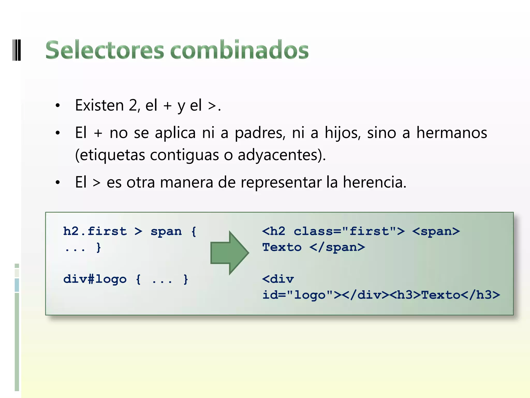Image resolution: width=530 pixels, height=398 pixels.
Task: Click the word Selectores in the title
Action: click(x=105, y=50)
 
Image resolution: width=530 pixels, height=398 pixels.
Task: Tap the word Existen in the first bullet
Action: click(x=99, y=105)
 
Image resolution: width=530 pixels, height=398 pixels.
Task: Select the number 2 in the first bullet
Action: click(x=133, y=105)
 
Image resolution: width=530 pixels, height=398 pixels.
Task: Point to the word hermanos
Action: click(x=452, y=133)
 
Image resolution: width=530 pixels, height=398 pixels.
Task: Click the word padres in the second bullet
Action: click(x=260, y=133)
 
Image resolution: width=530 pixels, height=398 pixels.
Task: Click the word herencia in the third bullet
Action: click(x=374, y=182)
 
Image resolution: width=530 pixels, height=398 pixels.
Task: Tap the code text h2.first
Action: click(x=95, y=231)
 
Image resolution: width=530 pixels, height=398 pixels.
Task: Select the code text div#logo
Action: click(x=95, y=279)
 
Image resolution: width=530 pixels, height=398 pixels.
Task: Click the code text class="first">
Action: click(x=349, y=231)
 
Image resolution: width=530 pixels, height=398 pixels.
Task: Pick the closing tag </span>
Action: click(x=337, y=247)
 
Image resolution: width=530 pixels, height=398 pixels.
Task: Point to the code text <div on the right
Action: click(x=278, y=279)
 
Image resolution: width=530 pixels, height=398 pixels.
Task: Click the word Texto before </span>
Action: click(x=282, y=247)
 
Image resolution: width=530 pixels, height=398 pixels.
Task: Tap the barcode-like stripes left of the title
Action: click(x=17, y=50)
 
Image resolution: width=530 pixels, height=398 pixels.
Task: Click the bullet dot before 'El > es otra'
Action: click(x=58, y=182)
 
